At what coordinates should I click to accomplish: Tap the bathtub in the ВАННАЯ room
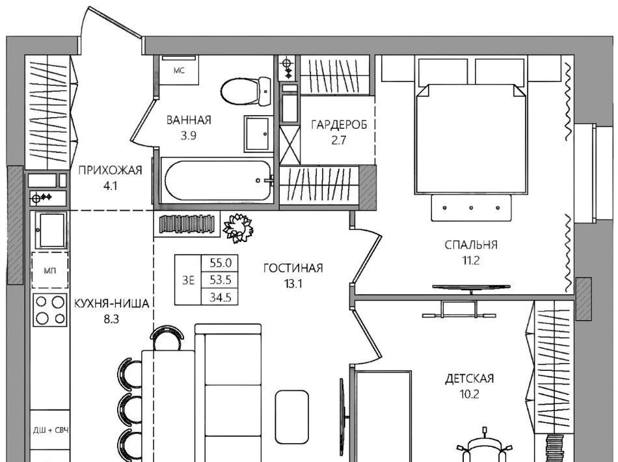pos(217,180)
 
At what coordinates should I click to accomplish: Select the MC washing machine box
pos(180,70)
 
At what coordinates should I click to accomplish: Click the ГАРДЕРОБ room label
pos(339,124)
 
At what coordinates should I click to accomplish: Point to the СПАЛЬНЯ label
pos(471,245)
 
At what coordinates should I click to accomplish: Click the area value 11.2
pos(471,260)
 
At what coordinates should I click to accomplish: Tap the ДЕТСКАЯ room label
pos(470,379)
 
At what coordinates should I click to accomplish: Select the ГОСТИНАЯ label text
pos(293,269)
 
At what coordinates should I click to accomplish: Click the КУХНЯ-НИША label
pos(111,303)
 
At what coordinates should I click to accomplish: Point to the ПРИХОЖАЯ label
pos(110,170)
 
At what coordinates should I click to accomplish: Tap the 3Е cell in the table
pos(189,280)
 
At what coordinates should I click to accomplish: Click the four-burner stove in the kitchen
pos(50,310)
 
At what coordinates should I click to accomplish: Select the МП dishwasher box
pos(50,271)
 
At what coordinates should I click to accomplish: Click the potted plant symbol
pos(237,228)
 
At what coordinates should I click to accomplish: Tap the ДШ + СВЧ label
pos(51,430)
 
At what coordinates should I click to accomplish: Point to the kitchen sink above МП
pos(51,230)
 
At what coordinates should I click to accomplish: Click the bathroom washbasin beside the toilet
pos(258,133)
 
